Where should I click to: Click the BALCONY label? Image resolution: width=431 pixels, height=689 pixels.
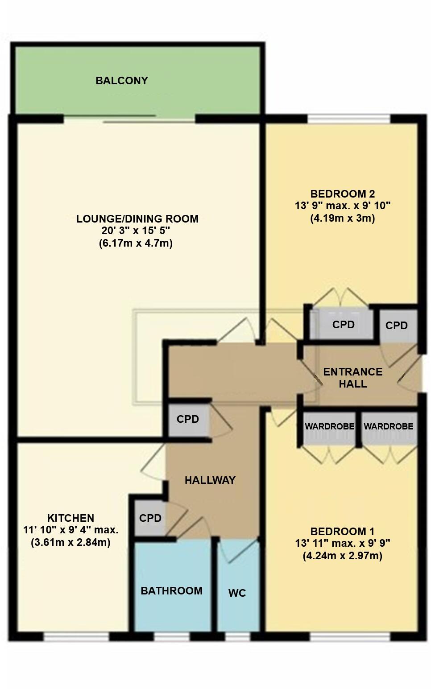(x=121, y=81)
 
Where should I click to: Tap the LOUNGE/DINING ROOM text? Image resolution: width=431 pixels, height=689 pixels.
(x=137, y=219)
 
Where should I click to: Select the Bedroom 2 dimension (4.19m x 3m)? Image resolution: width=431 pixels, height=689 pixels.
(x=342, y=219)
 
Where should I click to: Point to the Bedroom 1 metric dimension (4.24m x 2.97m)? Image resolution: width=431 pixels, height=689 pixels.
(x=342, y=556)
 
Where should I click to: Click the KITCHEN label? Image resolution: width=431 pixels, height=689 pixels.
(x=70, y=518)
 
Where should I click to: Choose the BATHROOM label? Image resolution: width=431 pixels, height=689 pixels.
(x=171, y=591)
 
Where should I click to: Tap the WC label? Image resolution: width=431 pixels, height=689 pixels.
(x=237, y=593)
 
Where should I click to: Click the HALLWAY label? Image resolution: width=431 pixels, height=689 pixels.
(x=210, y=480)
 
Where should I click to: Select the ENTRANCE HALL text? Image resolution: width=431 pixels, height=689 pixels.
(x=352, y=378)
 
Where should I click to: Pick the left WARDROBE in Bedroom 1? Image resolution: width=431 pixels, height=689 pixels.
(x=329, y=427)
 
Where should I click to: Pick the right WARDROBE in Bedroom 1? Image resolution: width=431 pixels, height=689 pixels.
(x=388, y=427)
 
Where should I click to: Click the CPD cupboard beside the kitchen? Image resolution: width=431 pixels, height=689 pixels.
(x=150, y=518)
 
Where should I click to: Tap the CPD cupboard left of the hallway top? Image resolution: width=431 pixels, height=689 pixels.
(x=187, y=420)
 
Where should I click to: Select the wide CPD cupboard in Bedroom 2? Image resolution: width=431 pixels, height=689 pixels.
(x=343, y=325)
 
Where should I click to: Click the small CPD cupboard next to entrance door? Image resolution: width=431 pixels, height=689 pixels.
(x=397, y=326)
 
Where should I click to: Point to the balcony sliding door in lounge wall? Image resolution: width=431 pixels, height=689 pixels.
(x=129, y=119)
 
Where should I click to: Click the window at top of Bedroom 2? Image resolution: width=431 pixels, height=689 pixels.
(x=348, y=119)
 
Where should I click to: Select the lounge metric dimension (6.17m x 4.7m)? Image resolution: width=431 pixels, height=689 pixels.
(x=136, y=243)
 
